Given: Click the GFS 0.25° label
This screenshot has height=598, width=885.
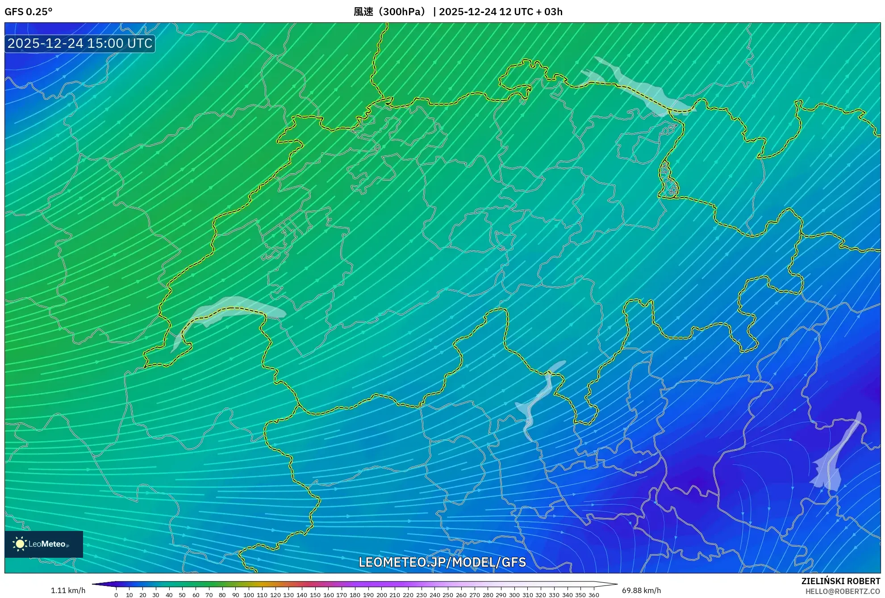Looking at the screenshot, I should [x=29, y=12].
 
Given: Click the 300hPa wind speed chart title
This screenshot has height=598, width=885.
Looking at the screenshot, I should [x=458, y=12].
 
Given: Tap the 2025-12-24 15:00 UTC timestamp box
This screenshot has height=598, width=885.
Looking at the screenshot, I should [x=80, y=43].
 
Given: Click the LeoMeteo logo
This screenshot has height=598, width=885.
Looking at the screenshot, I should [x=44, y=544].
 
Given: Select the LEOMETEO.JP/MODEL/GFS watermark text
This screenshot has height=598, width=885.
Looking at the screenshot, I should [x=442, y=562].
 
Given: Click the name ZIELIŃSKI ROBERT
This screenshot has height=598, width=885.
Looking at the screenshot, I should [x=840, y=581].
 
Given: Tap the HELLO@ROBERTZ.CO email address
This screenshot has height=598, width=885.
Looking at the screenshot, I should [x=842, y=591].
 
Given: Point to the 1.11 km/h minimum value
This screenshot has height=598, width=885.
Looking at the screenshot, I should [x=68, y=590].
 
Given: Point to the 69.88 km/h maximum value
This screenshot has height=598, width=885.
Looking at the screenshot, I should [x=641, y=590].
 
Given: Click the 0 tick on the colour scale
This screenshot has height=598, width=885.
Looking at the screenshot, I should [x=116, y=594].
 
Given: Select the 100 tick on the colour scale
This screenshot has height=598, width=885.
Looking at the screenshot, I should [x=249, y=594].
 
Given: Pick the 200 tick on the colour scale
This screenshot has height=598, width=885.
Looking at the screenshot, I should [x=381, y=594].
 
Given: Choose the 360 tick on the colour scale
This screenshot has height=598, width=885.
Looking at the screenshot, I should [x=593, y=594].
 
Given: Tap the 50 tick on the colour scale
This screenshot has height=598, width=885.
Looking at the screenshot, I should [x=182, y=594].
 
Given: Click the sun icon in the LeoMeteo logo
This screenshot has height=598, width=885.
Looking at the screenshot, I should [x=20, y=544].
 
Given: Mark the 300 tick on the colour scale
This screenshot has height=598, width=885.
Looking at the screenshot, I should [x=514, y=594].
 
